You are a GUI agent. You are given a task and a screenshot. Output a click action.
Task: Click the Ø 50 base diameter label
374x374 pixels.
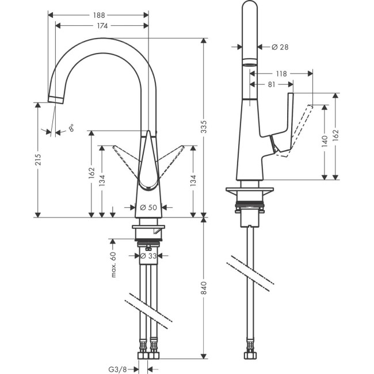(148, 207)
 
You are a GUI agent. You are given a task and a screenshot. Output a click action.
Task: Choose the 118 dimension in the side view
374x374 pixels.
(281, 74)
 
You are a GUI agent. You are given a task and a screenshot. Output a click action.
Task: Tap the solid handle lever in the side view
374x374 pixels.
(285, 124)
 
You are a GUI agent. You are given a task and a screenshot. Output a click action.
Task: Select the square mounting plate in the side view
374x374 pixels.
(250, 192)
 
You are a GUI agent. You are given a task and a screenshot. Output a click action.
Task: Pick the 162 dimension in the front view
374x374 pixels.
(91, 174)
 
